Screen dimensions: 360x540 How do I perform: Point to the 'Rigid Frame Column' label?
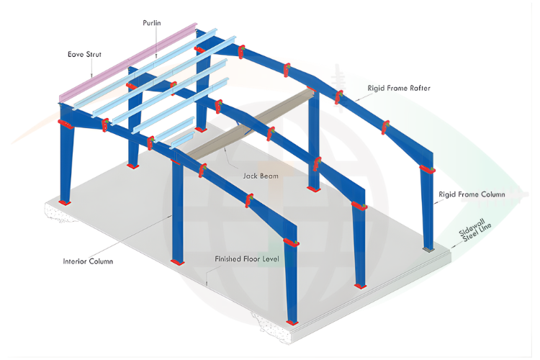[472, 194]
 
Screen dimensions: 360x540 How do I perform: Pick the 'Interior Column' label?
[89, 261]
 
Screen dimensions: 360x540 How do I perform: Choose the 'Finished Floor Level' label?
[247, 258]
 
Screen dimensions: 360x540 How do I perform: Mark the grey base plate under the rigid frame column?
[429, 249]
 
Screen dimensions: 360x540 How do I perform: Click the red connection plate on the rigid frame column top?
[426, 170]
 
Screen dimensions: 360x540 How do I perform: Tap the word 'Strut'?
[87, 53]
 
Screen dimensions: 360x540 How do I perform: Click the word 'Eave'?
[68, 53]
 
